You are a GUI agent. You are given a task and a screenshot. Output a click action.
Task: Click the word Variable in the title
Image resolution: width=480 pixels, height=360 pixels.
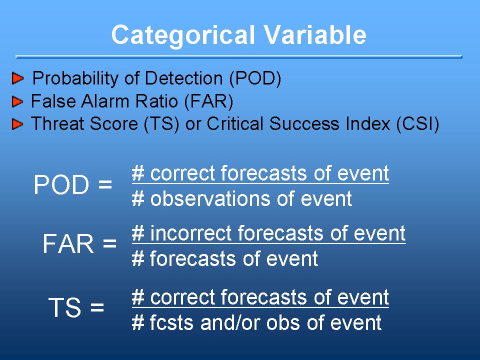pyautogui.click(x=315, y=34)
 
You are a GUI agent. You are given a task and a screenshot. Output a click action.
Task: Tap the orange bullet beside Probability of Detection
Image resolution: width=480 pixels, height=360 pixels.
pyautogui.click(x=18, y=78)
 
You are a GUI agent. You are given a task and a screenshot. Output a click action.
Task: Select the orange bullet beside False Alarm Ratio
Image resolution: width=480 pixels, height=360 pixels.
pyautogui.click(x=17, y=101)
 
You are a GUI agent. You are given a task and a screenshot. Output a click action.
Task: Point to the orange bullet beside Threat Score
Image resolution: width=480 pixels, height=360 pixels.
pyautogui.click(x=17, y=124)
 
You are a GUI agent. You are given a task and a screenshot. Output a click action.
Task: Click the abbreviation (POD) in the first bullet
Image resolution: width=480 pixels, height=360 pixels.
pyautogui.click(x=255, y=78)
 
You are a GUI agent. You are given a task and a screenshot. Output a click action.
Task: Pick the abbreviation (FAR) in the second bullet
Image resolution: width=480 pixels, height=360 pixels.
pyautogui.click(x=209, y=101)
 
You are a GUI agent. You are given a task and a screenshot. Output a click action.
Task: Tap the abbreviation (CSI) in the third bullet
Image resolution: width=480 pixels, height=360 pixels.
pyautogui.click(x=417, y=124)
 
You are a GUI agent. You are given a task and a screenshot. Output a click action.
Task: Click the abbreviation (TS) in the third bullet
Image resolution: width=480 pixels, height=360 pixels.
pyautogui.click(x=161, y=124)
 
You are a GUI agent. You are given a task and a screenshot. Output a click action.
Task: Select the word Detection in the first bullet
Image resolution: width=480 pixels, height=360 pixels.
pyautogui.click(x=183, y=78)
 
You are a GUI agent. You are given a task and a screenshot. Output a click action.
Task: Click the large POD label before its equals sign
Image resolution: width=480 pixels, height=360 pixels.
pyautogui.click(x=61, y=184)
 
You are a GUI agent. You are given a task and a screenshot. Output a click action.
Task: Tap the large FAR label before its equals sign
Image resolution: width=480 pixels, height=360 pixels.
pyautogui.click(x=68, y=243)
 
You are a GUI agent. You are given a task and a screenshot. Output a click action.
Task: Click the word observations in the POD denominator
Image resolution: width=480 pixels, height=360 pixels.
pyautogui.click(x=210, y=198)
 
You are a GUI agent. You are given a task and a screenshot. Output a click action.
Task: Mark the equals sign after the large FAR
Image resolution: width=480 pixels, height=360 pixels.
pyautogui.click(x=109, y=244)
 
